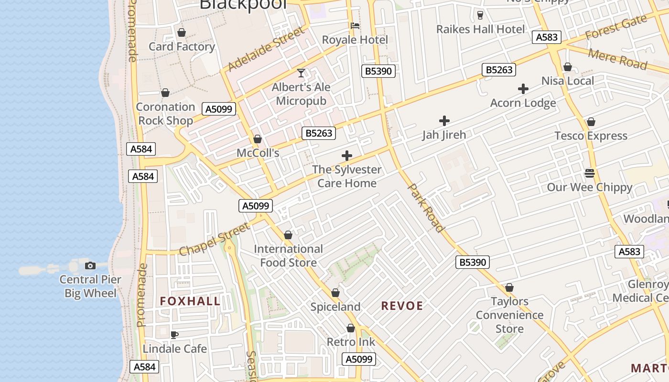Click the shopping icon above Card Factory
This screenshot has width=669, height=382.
[182, 32]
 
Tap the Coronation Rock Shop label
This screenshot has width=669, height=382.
[165, 114]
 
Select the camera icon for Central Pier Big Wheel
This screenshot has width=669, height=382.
[90, 265]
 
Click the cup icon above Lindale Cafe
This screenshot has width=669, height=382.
[174, 335]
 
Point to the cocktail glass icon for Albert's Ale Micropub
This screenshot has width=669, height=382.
[301, 73]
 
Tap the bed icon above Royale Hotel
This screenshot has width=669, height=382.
[355, 26]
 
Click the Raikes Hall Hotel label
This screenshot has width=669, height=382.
[480, 29]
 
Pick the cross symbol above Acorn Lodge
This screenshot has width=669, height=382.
[523, 89]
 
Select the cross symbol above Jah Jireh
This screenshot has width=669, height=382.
[444, 121]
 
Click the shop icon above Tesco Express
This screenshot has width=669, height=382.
[591, 122]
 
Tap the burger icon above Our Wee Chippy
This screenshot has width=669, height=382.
[590, 173]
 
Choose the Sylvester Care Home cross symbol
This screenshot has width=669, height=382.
[347, 156]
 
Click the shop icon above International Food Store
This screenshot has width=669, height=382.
[288, 235]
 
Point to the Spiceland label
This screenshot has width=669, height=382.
[335, 307]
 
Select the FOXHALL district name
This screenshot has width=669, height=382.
[190, 301]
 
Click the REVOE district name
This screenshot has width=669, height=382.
[402, 306]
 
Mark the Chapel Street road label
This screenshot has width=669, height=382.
[214, 238]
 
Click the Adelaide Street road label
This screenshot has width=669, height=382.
[266, 49]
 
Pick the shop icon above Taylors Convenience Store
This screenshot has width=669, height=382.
[509, 288]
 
